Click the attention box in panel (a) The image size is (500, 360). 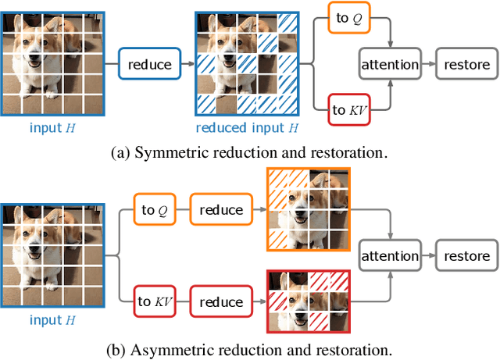coord(389,64)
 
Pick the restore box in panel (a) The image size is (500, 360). coord(467,64)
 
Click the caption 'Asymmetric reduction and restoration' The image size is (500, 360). coord(250,348)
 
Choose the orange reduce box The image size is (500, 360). coord(221,210)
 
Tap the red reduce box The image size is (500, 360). coord(221,302)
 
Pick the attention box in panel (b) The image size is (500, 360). coord(389,255)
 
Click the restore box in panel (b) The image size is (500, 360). coord(467,255)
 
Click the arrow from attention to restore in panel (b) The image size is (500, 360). coord(428,255)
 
